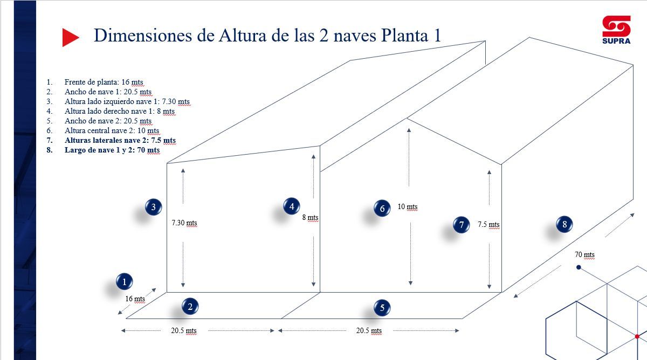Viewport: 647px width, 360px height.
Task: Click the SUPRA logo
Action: [x=616, y=30]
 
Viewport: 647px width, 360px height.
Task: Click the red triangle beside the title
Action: [x=70, y=37]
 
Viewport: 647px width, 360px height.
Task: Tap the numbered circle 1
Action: [x=125, y=281]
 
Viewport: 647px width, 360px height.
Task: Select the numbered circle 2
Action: [x=190, y=307]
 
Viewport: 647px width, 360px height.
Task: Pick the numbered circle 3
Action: [x=154, y=206]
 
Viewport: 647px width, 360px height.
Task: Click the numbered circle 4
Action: [x=292, y=206]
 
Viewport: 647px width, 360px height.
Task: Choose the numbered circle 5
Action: [x=382, y=308]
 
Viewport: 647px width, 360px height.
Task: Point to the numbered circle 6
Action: [x=382, y=208]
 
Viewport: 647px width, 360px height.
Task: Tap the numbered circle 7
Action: [x=461, y=225]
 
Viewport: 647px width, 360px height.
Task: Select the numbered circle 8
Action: [x=565, y=224]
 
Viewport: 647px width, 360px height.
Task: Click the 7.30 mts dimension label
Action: [x=184, y=223]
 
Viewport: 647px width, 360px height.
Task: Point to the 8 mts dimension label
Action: [x=310, y=218]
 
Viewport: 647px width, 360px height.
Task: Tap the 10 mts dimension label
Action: [x=408, y=207]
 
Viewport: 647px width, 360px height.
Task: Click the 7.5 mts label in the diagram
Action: [x=488, y=225]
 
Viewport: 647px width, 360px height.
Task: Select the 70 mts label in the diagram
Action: [x=584, y=255]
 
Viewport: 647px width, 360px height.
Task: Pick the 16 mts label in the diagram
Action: [x=135, y=299]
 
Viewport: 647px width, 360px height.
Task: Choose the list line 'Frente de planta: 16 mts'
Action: [x=104, y=82]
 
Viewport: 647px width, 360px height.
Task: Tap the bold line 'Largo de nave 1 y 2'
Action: [x=112, y=150]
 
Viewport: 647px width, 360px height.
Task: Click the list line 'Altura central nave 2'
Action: [x=112, y=131]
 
